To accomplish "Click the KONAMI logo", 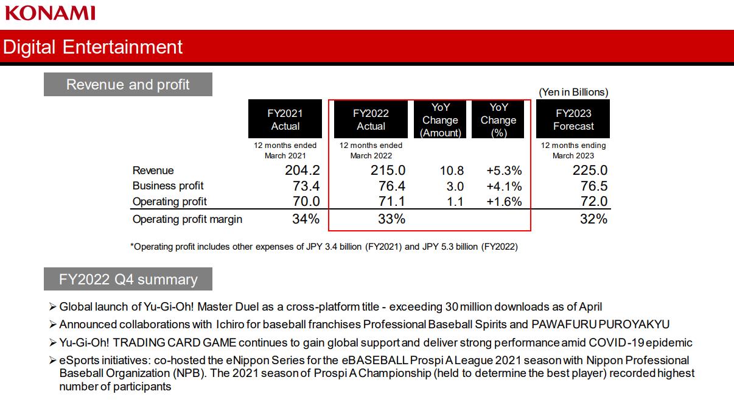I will [50, 12].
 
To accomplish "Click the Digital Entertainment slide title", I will [93, 47].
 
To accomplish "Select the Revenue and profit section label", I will [128, 85].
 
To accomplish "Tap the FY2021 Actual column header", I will [285, 119].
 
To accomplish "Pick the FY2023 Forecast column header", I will [573, 119].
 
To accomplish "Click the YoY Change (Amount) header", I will [440, 119].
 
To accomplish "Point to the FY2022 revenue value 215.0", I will [388, 171].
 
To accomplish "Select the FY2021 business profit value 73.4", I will [302, 186].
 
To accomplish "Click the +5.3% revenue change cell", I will [504, 171].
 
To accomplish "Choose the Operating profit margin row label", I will [187, 219].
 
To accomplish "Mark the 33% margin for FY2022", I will [391, 219].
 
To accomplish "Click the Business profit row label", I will [168, 186].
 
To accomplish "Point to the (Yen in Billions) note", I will [573, 92].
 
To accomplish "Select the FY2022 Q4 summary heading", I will [128, 279].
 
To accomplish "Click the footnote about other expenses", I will [324, 247].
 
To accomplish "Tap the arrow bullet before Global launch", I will [52, 307].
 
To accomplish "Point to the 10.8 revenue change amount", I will [452, 171].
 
